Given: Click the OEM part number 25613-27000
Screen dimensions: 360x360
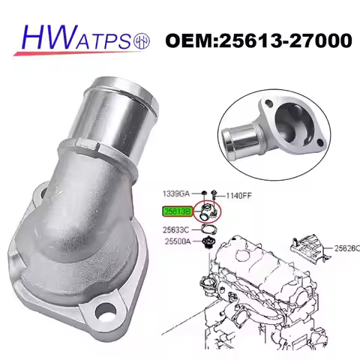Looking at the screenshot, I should click(258, 38).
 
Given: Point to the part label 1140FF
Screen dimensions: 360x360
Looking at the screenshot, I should click(241, 193).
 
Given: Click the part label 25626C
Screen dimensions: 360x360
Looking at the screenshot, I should click(346, 248).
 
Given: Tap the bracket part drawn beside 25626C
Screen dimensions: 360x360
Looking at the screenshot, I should click(311, 248).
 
